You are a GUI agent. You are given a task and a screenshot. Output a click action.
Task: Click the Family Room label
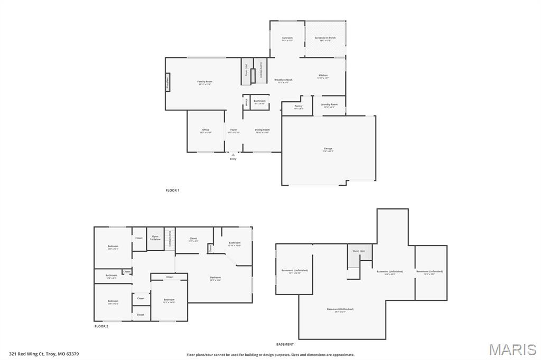point(204,82)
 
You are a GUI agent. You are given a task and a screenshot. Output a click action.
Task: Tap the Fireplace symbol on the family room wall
point(167,82)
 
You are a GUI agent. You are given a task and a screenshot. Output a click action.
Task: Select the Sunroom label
point(287,38)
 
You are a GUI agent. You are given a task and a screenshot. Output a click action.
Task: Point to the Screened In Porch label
point(325,38)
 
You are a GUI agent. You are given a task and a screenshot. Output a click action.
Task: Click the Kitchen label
point(323,75)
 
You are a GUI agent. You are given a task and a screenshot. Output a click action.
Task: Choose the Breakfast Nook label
point(283,80)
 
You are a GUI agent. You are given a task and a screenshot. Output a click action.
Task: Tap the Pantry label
point(299,106)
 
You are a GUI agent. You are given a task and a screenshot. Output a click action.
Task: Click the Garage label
point(328,149)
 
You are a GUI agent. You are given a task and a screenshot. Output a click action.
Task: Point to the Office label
point(206,130)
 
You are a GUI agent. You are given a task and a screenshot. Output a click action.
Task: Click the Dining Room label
point(262,130)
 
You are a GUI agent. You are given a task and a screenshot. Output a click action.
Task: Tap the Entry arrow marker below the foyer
point(233,155)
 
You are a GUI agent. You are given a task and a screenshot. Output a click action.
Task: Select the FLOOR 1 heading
point(172,190)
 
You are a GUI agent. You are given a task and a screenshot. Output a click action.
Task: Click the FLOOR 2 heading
point(101,326)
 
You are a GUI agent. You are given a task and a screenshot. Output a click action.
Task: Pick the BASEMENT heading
point(285,344)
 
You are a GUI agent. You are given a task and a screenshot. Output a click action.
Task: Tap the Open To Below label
point(155,238)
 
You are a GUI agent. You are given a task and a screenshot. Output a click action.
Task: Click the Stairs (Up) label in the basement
point(359,251)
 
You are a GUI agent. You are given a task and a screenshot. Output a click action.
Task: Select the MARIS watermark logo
point(512,349)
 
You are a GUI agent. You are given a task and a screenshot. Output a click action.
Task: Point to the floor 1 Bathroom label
point(259,101)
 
